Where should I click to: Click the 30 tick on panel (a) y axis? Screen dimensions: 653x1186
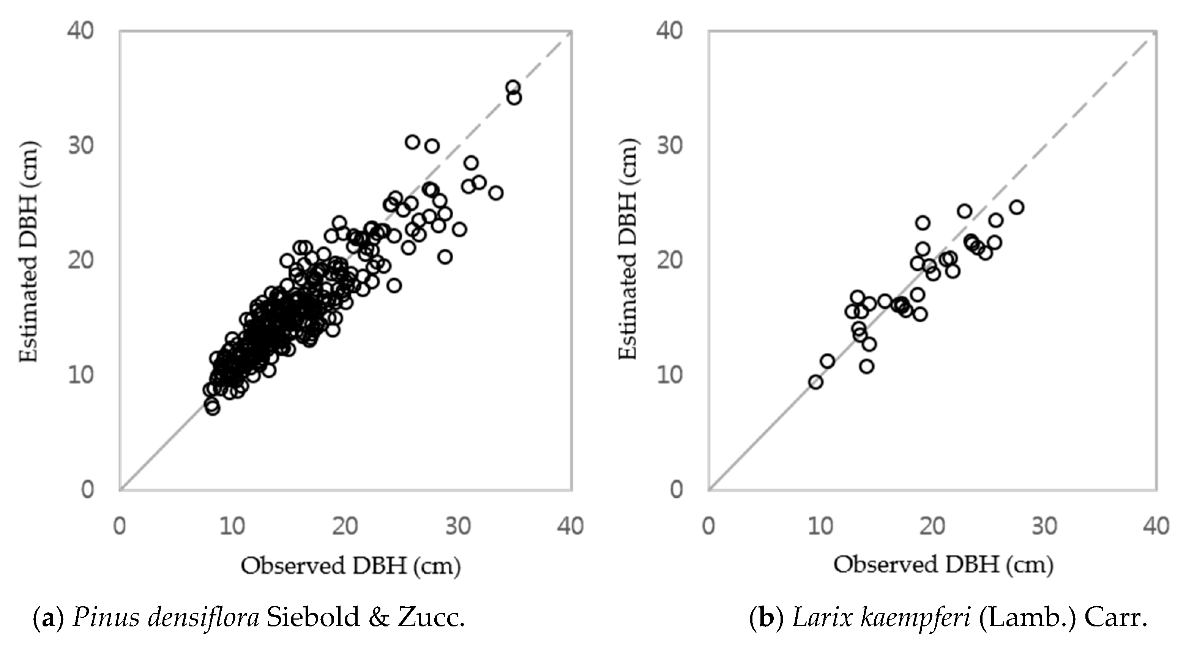[81, 145]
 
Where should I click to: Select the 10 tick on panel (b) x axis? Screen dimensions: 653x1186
[821, 525]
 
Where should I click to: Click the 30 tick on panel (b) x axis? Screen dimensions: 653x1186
[1044, 525]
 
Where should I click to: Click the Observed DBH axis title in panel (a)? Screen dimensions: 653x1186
[351, 566]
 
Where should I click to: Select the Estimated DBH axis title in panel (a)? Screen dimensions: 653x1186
[28, 252]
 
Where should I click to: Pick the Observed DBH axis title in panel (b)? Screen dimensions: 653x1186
[943, 565]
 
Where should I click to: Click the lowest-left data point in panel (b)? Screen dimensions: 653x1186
[815, 382]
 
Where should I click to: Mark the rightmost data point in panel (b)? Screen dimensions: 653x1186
[1017, 207]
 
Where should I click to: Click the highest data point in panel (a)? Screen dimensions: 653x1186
[513, 87]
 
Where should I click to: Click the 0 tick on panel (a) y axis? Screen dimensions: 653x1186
[87, 489]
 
